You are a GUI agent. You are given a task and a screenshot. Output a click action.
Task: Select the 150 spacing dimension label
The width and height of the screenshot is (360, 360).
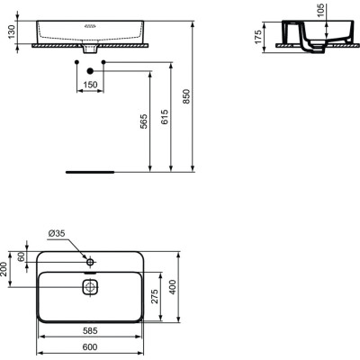(90, 84)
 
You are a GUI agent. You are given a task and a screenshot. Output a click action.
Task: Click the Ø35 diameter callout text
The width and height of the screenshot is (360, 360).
(57, 234)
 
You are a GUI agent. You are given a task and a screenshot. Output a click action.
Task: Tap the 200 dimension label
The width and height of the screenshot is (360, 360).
(6, 270)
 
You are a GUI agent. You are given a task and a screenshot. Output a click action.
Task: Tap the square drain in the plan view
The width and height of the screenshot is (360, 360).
(90, 287)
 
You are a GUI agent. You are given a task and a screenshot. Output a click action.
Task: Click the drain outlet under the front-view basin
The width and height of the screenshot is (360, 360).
(90, 49)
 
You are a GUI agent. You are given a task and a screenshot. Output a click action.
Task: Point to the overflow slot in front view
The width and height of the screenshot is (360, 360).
(89, 28)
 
